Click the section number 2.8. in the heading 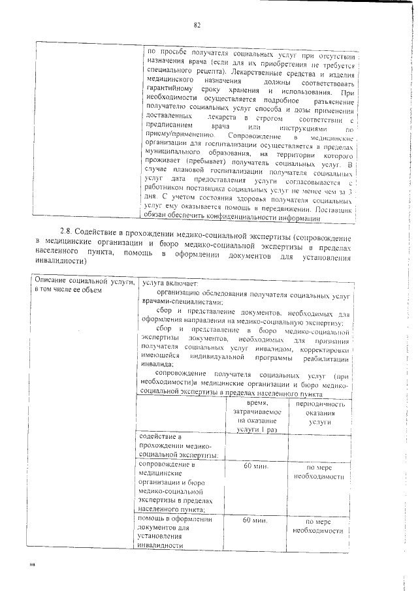(x=66, y=232)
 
